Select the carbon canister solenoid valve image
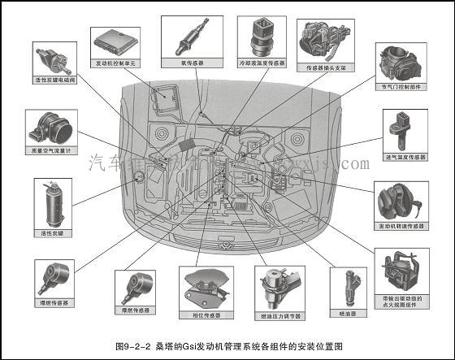[53, 59]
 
